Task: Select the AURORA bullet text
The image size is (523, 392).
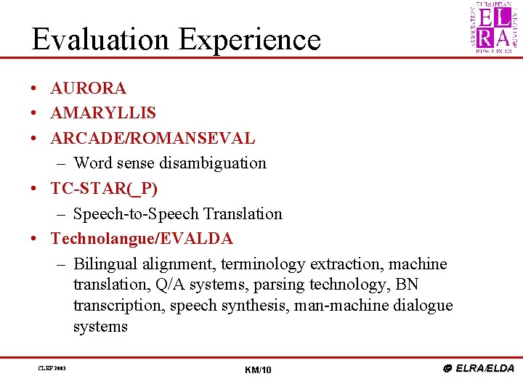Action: pos(88,89)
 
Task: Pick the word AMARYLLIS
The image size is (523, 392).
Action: pos(102,113)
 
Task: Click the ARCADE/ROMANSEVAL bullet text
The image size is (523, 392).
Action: pos(153,138)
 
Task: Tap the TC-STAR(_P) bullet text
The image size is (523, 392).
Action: pos(104,189)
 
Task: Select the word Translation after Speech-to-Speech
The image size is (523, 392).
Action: pos(243,214)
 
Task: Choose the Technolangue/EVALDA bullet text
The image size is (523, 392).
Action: pos(142,239)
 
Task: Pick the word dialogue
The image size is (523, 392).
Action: pos(422,306)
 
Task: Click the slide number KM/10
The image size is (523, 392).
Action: pos(259,370)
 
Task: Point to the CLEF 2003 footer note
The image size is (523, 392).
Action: pos(52,369)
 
